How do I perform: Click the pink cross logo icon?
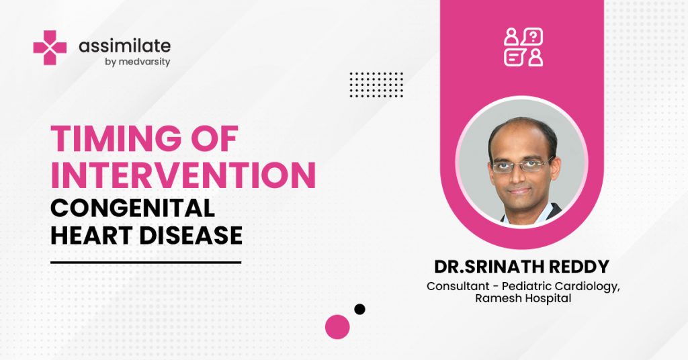click(50, 48)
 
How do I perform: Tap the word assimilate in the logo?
click(124, 46)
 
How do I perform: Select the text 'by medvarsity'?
click(137, 62)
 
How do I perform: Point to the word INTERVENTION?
click(183, 175)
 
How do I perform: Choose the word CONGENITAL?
click(132, 208)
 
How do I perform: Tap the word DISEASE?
click(191, 236)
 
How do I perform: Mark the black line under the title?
click(146, 263)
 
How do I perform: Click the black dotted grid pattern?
click(376, 85)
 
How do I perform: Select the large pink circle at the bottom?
click(337, 327)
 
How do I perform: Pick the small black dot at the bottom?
click(360, 309)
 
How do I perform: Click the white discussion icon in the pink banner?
click(523, 48)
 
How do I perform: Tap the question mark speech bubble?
click(533, 37)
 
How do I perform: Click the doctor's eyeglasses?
click(520, 165)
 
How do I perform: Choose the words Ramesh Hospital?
click(523, 299)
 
